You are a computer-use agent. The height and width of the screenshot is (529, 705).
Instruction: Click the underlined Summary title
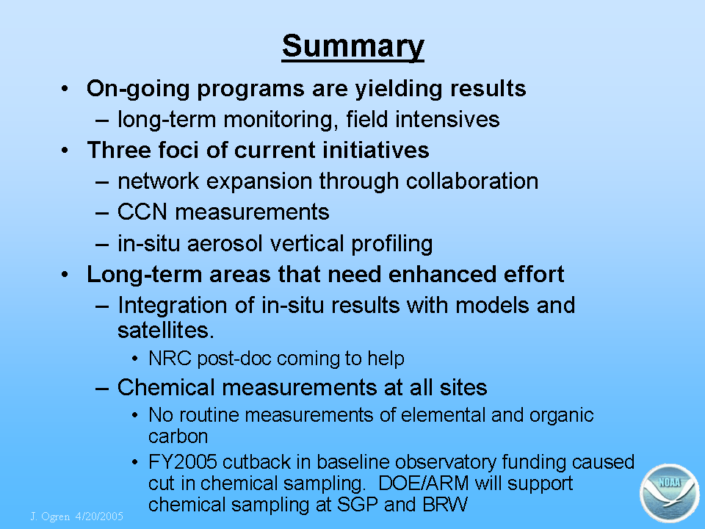(353, 47)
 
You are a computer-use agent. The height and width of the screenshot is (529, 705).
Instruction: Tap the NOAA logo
(670, 493)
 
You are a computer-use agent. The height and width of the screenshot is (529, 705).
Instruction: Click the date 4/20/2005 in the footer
(99, 516)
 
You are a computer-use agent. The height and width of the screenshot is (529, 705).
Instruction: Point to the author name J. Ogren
(51, 517)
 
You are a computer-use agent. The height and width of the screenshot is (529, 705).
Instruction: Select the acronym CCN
(142, 212)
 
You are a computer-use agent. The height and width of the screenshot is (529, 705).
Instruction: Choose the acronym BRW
(445, 504)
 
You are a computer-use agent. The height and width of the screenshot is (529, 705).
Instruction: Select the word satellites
(165, 330)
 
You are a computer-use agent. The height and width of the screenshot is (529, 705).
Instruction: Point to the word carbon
(178, 436)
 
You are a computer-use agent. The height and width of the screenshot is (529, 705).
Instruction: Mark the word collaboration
(472, 181)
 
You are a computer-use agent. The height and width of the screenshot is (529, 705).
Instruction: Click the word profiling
(391, 244)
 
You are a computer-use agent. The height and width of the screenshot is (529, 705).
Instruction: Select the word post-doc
(234, 359)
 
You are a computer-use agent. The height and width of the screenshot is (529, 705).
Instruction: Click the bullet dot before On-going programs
(65, 89)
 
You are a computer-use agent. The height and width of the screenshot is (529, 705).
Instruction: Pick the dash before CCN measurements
(102, 213)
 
